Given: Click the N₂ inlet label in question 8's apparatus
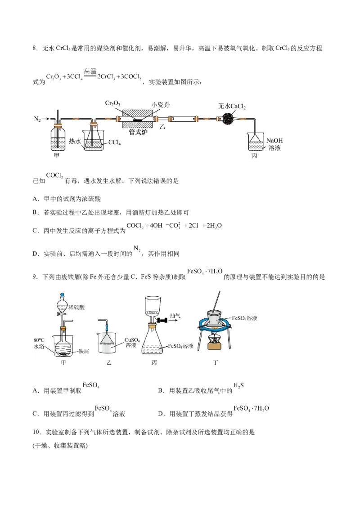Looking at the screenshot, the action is click(37, 119).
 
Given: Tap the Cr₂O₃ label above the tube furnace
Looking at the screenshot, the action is click(112, 103).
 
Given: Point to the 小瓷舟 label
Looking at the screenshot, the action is click(160, 105).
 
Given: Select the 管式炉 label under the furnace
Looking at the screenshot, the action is click(138, 132).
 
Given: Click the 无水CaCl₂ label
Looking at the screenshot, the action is click(232, 106).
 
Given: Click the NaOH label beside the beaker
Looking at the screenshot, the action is click(274, 141).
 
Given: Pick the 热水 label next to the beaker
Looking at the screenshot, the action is click(75, 141).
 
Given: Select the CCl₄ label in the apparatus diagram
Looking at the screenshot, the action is click(114, 143).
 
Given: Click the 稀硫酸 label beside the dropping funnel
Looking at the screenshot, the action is click(76, 307).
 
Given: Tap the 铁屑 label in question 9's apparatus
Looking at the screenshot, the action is click(84, 351).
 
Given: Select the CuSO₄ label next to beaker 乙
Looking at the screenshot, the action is click(132, 340).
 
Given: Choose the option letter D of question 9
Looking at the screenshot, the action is click(161, 414).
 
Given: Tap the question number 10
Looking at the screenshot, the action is click(36, 432).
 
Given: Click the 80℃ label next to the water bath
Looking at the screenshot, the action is click(39, 340).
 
